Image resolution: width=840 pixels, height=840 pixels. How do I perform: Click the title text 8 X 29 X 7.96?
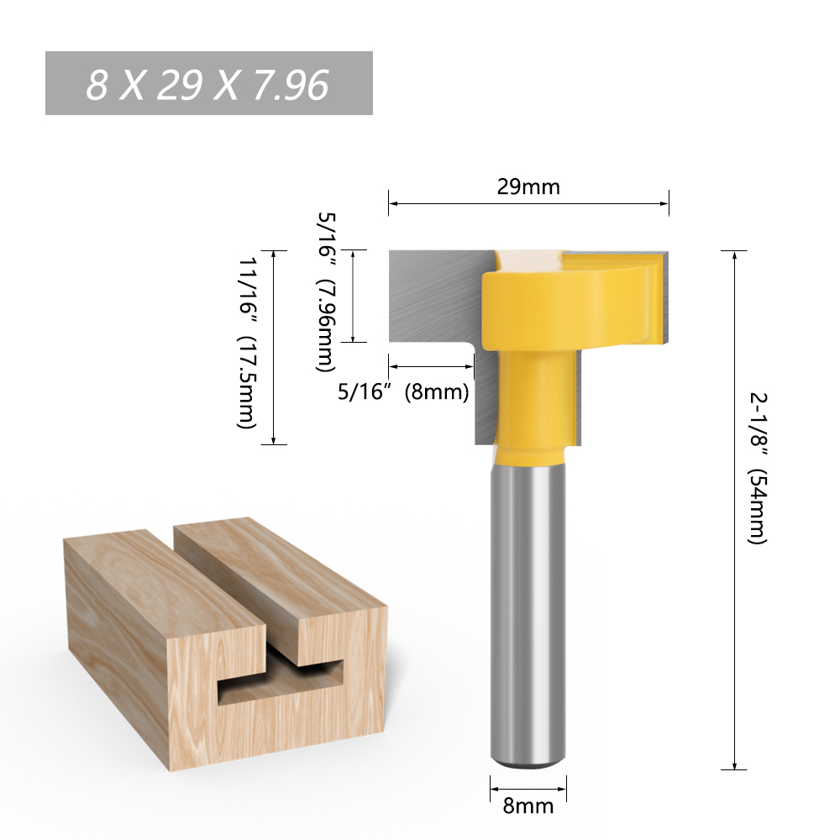point(207,84)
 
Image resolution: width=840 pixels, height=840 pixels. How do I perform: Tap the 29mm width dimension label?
point(528,186)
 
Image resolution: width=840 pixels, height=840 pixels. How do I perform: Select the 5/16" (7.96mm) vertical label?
point(327,291)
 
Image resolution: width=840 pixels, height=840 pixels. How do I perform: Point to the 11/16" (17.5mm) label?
point(247,344)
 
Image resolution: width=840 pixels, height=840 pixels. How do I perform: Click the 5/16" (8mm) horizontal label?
point(402,391)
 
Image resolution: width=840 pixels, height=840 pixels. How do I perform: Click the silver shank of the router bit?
point(528,605)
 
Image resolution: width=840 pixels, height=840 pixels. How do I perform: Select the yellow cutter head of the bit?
point(563,302)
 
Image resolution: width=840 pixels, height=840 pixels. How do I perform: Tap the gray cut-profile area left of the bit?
point(428,294)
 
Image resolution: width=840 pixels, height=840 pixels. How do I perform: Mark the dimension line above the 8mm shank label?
point(528,789)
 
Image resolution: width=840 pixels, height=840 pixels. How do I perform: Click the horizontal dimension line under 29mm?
point(528,203)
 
